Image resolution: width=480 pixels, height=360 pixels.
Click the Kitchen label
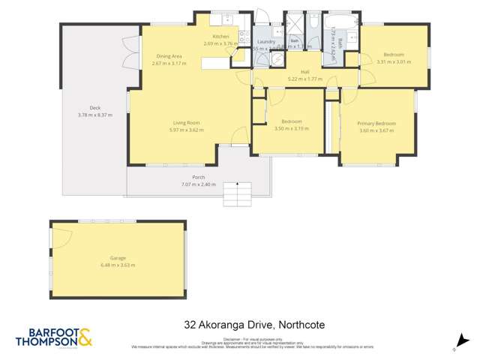point(220,37)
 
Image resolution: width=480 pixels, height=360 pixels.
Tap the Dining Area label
point(169,56)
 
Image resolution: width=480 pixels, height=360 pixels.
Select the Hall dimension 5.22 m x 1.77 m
point(305,79)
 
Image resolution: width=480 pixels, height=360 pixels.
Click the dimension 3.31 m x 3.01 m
point(394,61)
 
